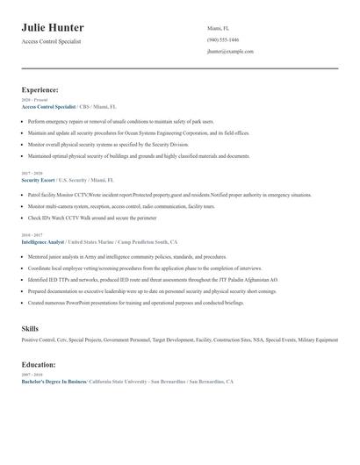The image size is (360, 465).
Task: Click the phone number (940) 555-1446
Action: click(x=222, y=40)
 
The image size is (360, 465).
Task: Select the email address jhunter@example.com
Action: click(x=230, y=52)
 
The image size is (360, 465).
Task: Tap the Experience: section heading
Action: click(x=40, y=89)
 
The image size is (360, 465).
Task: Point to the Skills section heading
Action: click(x=30, y=328)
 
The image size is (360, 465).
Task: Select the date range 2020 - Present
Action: click(x=34, y=100)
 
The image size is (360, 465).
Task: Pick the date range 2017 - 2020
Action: click(x=32, y=174)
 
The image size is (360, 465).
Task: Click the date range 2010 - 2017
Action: click(x=32, y=235)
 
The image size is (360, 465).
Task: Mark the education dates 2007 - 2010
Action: click(x=32, y=376)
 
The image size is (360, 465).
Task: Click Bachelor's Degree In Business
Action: click(x=54, y=383)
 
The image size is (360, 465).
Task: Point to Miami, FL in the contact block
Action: click(x=217, y=28)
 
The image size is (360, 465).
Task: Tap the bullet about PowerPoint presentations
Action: click(x=135, y=303)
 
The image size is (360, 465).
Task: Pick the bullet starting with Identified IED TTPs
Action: click(x=153, y=280)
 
